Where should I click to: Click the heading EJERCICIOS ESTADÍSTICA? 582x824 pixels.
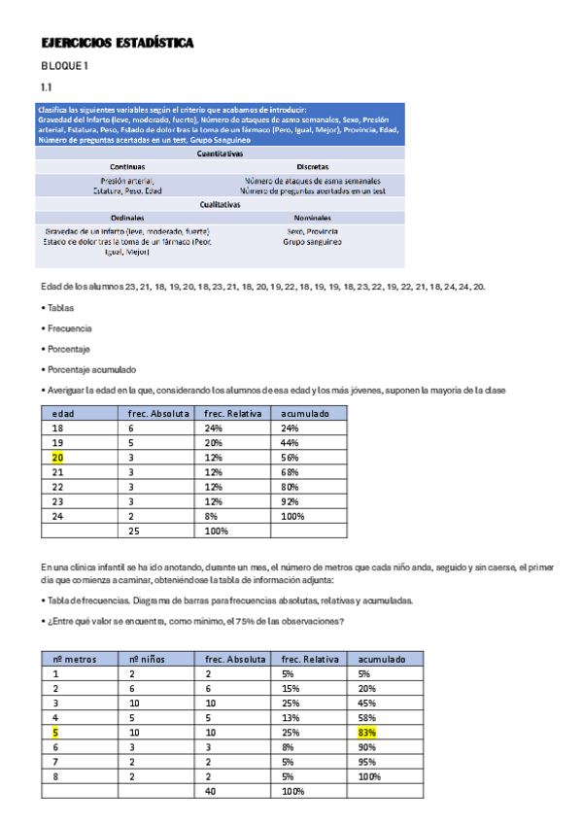[x=118, y=44]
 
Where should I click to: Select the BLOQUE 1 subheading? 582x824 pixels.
[x=64, y=66]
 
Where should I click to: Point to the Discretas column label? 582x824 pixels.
[x=312, y=167]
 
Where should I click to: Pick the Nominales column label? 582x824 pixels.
[x=312, y=219]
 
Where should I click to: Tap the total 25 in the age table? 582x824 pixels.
[x=135, y=531]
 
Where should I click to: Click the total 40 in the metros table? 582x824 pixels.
[x=212, y=791]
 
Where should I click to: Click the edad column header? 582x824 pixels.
[x=64, y=413]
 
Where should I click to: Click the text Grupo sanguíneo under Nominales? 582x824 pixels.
[x=312, y=241]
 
